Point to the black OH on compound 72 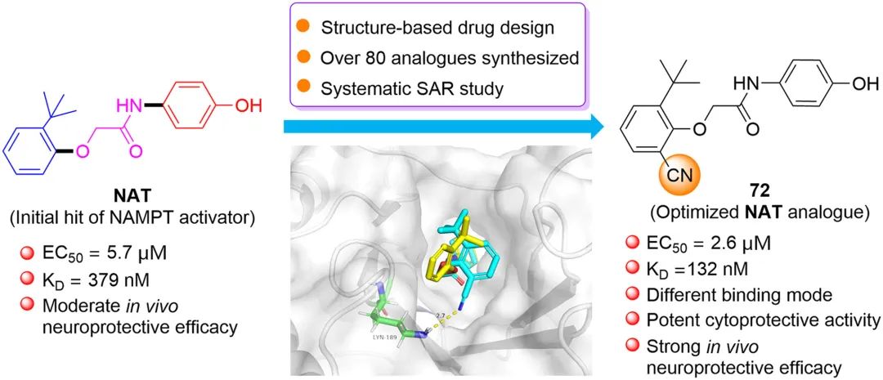click(x=864, y=84)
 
